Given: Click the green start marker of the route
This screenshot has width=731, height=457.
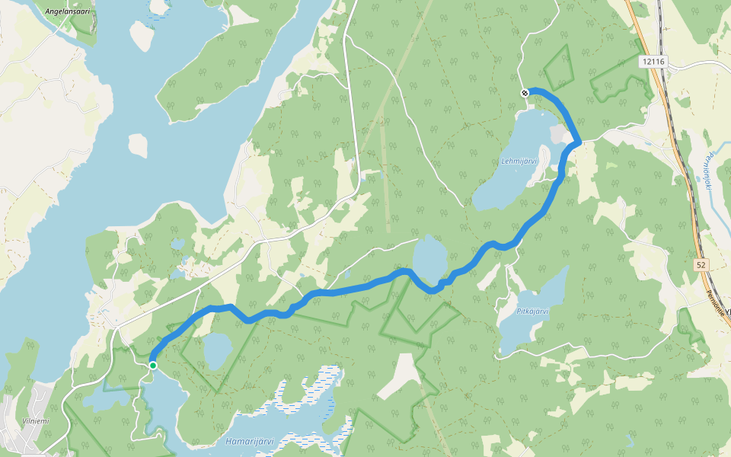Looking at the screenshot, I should click(x=153, y=366).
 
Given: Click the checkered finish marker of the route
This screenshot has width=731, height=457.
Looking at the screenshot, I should click(x=525, y=93).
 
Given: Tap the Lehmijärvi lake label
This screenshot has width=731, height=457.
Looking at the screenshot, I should click(x=519, y=161).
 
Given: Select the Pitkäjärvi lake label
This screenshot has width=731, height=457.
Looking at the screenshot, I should click(x=533, y=311).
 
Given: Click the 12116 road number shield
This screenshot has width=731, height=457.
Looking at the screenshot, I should click(x=653, y=62).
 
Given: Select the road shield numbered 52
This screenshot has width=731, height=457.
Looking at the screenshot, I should click(x=701, y=264).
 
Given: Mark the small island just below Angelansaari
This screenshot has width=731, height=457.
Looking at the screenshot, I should click(x=141, y=35).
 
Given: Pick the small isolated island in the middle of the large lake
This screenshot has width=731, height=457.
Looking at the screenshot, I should click(x=138, y=145).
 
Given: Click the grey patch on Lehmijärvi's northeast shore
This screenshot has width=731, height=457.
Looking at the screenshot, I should click(x=560, y=136).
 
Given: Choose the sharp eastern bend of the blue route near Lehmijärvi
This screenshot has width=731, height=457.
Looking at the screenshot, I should click(x=579, y=141).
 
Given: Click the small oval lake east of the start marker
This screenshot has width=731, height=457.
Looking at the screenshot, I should click(x=218, y=351).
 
